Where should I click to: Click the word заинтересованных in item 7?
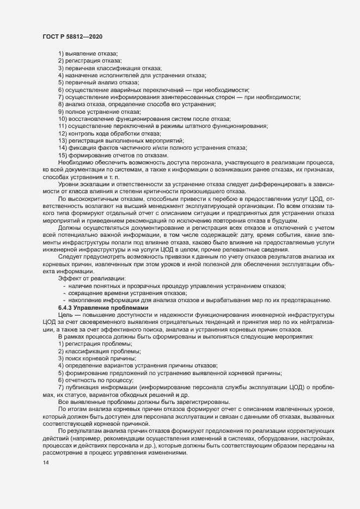[x=178, y=96]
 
